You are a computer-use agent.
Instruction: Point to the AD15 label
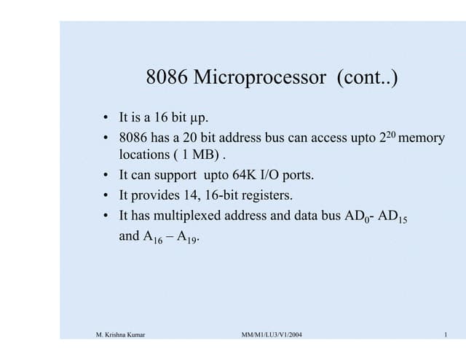400,216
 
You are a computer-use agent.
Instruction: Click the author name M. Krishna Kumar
122,334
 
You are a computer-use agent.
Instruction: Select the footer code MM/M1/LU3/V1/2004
272,334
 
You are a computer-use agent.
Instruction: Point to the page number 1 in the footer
443,334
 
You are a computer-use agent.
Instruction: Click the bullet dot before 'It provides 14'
106,195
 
